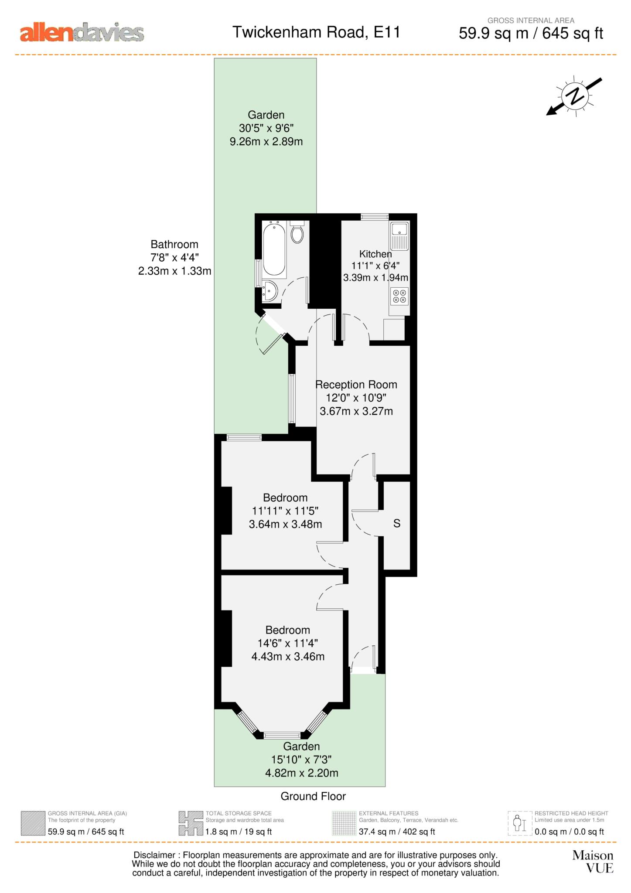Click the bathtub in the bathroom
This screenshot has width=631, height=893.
point(274,249)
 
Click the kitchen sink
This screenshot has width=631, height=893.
point(399,235)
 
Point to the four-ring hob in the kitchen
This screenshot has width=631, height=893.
point(399,297)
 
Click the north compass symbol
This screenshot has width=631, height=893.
point(574,96)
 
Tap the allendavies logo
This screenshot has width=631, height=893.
point(82,34)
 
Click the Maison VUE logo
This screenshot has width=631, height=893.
point(593,862)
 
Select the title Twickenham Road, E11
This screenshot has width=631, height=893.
point(316,32)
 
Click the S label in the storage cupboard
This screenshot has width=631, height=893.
point(397,524)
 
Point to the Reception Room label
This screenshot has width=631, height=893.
point(356,385)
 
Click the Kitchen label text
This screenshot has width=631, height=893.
point(375,254)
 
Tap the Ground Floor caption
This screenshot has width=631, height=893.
point(313,796)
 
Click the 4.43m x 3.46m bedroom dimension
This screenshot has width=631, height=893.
point(288,656)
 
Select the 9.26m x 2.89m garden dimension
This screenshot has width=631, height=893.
point(266,141)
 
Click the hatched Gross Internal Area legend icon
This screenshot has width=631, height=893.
point(33,823)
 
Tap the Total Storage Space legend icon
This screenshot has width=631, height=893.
point(191,823)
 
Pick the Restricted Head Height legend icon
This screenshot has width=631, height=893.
point(520,823)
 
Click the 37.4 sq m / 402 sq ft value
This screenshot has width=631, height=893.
point(397,832)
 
